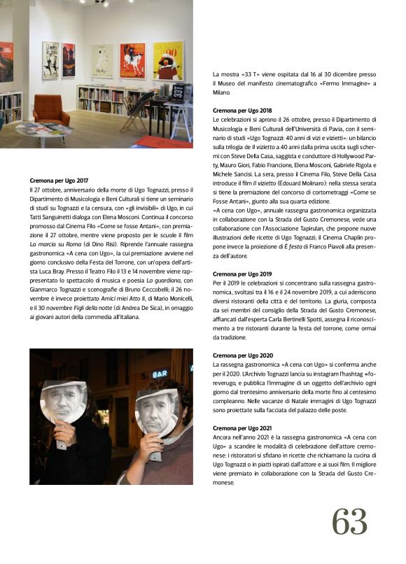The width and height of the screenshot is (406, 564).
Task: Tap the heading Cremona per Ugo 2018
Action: pyautogui.click(x=242, y=111)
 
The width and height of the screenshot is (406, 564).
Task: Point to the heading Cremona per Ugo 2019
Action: pyautogui.click(x=242, y=274)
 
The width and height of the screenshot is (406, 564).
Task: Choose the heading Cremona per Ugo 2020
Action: pyautogui.click(x=242, y=355)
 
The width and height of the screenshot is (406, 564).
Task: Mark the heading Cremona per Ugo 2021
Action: pyautogui.click(x=242, y=428)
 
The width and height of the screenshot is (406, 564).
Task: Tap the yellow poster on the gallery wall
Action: pyautogui.click(x=168, y=61)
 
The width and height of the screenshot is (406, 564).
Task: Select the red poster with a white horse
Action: pyautogui.click(x=132, y=60)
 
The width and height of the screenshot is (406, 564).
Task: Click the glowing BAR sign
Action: pyautogui.click(x=160, y=374)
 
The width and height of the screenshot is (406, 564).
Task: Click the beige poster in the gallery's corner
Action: pyautogui.click(x=102, y=61)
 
